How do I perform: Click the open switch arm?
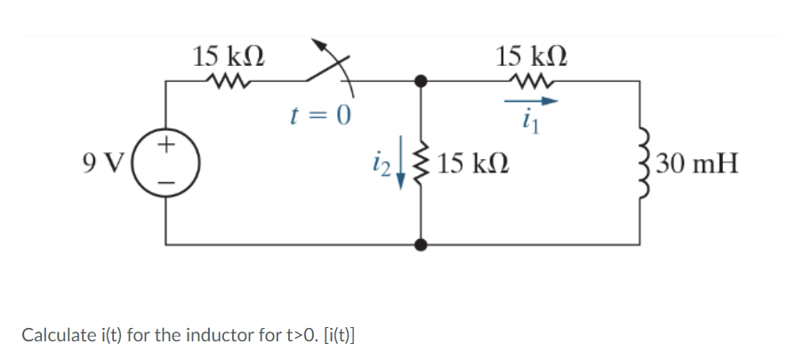point(331,64)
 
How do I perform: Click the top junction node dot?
point(422,81)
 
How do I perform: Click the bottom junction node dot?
point(422,244)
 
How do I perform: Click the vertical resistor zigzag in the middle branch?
point(422,163)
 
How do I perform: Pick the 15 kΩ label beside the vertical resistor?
point(473,164)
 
